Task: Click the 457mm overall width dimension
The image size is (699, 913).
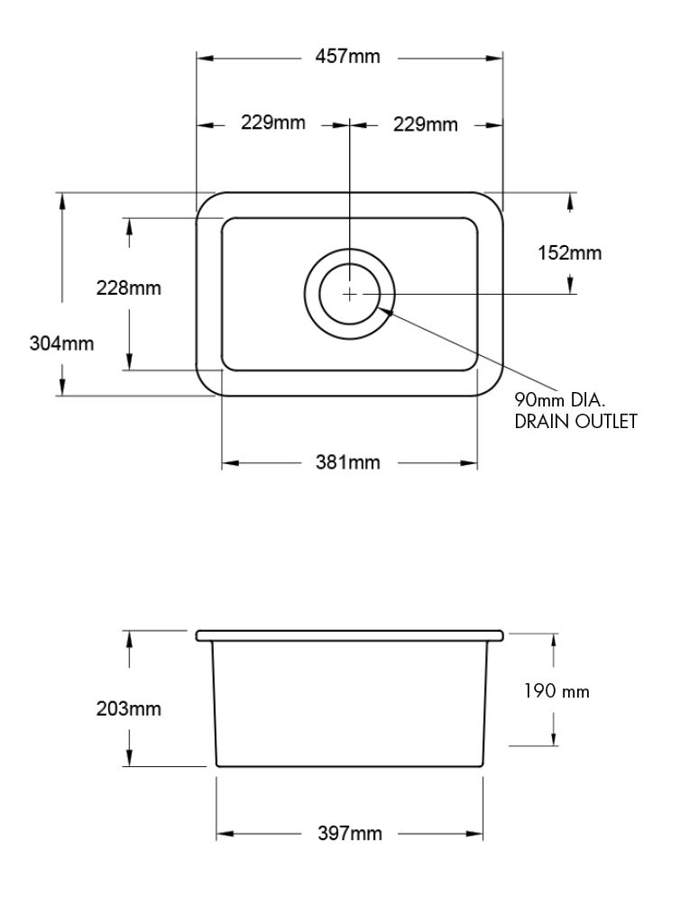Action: pos(348,58)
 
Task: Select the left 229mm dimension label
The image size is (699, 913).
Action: pos(272,123)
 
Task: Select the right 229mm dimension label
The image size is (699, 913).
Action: pos(425,124)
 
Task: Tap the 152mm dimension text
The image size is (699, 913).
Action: pos(569,253)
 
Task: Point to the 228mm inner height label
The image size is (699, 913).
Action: pos(129,288)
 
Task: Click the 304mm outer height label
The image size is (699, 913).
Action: pos(61,342)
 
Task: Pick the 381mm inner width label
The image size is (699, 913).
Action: pos(348,463)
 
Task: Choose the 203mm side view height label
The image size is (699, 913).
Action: pos(129,708)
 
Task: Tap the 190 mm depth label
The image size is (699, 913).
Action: pos(556,691)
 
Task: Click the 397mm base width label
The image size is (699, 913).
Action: pos(350,834)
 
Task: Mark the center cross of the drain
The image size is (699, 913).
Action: pos(349,293)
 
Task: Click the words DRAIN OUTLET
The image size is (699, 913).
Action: pos(575,421)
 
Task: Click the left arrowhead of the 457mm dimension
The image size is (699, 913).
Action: pos(205,58)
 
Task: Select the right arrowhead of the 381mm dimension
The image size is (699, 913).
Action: pos(471,463)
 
